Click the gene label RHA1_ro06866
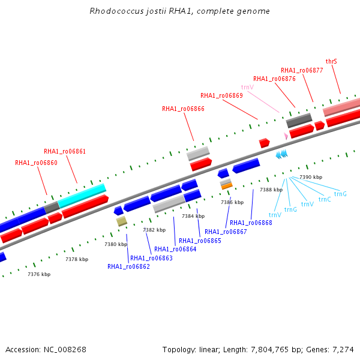coord(183,109)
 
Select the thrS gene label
coord(331,61)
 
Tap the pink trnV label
coord(247,87)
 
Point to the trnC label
coord(325,200)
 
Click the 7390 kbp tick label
coord(311,177)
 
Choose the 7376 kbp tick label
coord(39,274)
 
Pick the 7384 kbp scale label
coord(193,216)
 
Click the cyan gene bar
coord(82,196)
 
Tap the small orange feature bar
coord(227,186)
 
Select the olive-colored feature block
coord(122,221)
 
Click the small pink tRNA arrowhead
coord(286,136)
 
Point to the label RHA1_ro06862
coord(128,266)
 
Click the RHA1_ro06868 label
coord(251,223)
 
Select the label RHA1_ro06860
coord(36,163)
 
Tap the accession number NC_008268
coord(65,350)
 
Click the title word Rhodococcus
coord(116,11)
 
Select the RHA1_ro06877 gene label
coord(302,70)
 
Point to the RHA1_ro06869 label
coord(221,95)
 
